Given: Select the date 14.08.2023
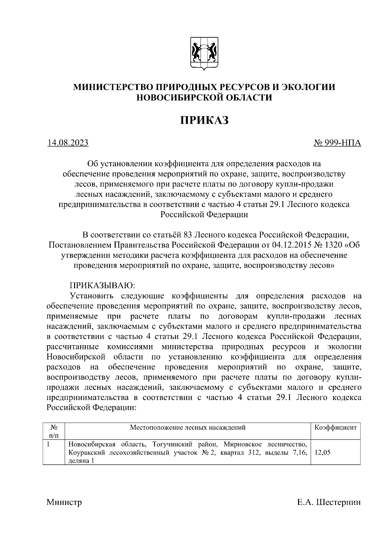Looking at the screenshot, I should (x=68, y=143).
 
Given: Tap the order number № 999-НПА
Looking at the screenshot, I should (x=337, y=143).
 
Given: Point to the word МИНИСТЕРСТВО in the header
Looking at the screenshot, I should (x=113, y=87).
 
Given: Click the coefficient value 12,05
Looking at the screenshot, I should (x=322, y=452).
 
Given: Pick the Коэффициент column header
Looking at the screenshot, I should (x=335, y=428).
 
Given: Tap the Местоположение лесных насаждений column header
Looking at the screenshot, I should (x=188, y=428).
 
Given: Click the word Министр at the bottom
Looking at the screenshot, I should (x=64, y=503).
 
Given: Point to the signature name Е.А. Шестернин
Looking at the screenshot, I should (x=329, y=503).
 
